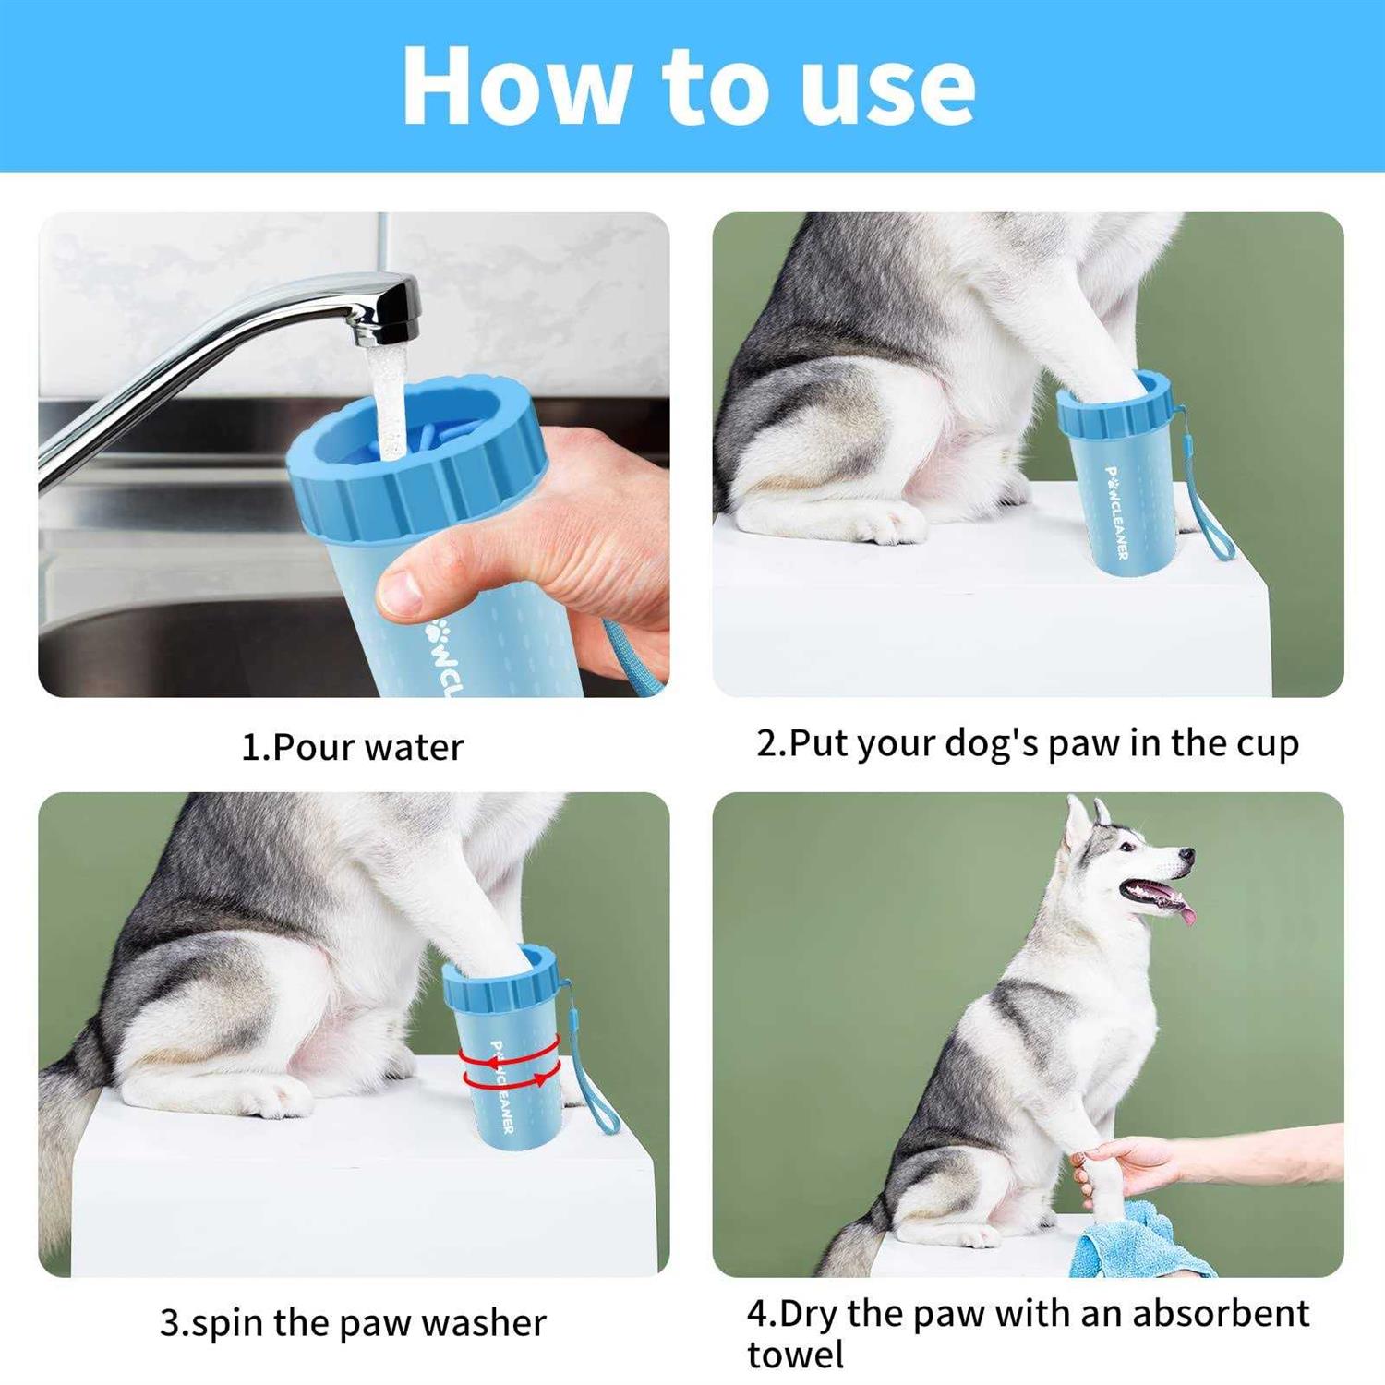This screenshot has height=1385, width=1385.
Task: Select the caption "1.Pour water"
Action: click(x=352, y=747)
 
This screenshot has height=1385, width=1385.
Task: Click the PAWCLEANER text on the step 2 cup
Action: click(x=1116, y=512)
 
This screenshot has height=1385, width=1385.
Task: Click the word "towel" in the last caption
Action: click(x=795, y=1355)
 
